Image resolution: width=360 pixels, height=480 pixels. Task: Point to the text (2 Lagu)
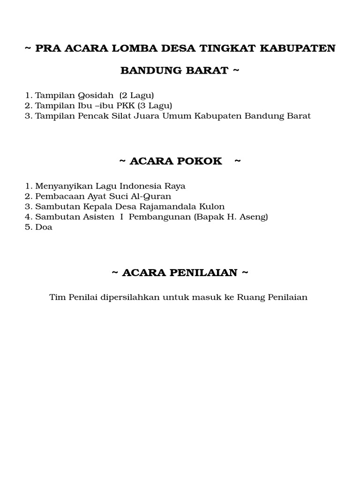click(137, 96)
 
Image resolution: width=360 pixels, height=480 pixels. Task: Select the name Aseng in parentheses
click(253, 217)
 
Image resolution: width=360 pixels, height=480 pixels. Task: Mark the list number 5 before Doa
click(28, 227)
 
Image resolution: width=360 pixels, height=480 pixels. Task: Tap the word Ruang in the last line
click(251, 297)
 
